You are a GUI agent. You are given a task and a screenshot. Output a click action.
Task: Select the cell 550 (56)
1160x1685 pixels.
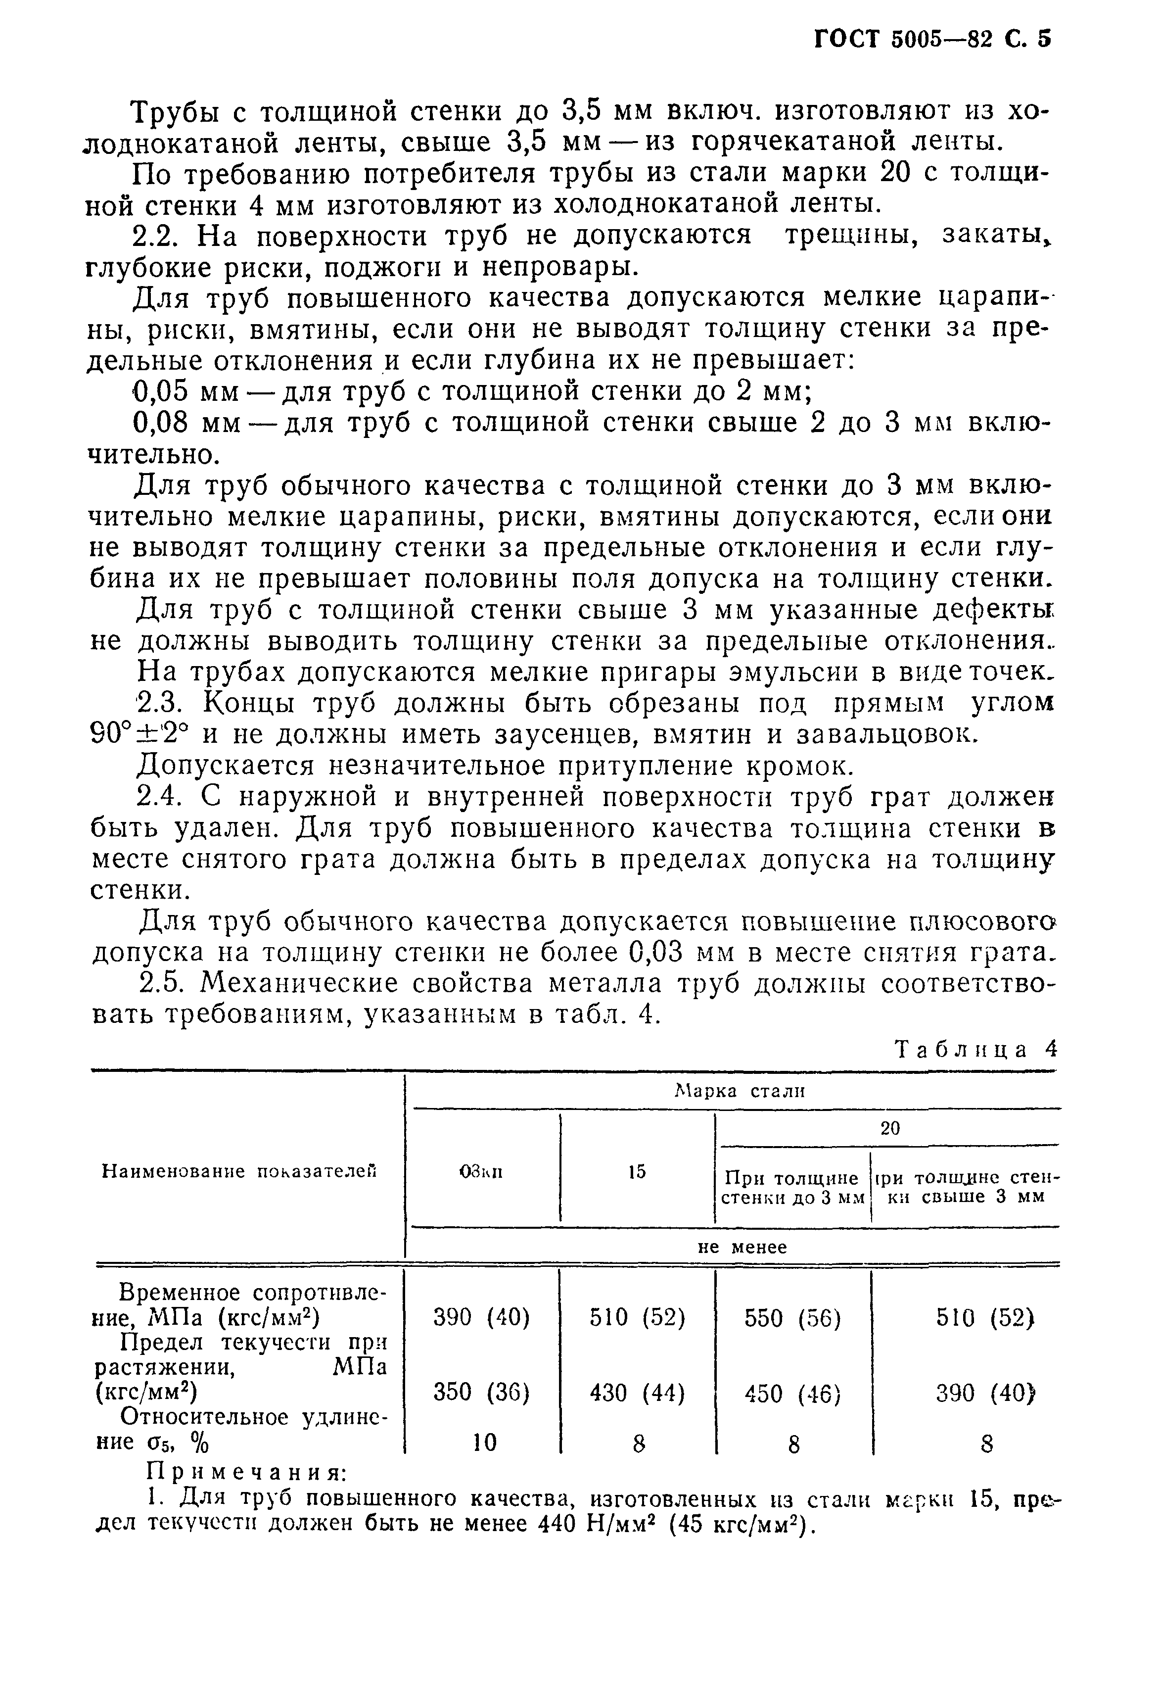(792, 1318)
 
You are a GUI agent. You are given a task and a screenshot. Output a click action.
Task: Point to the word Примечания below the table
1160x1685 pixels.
(246, 1471)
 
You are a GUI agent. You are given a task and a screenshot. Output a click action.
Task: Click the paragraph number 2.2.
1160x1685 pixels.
(158, 236)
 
